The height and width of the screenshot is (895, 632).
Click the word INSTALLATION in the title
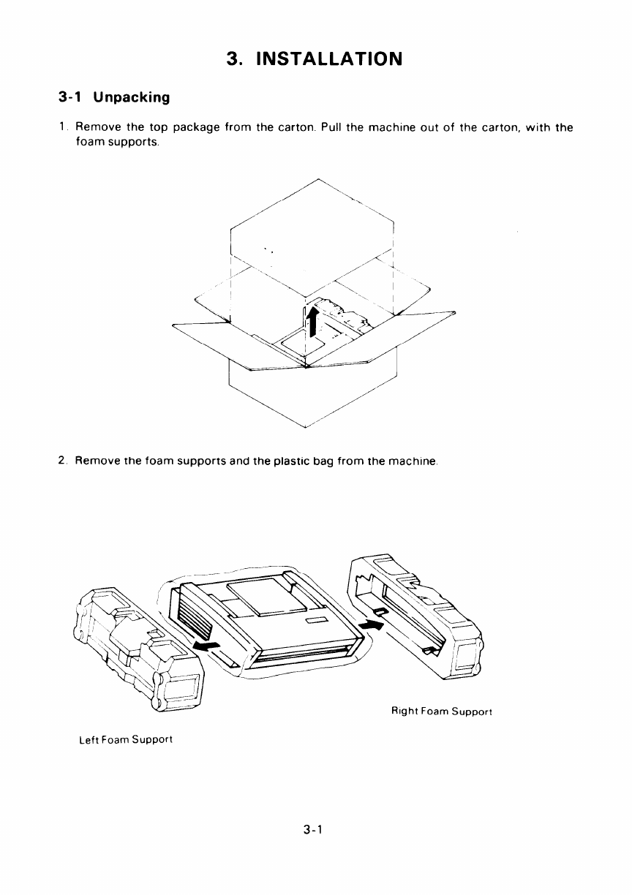(329, 58)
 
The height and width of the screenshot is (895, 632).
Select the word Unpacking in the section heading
(132, 98)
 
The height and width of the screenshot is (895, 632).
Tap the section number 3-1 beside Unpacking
(70, 97)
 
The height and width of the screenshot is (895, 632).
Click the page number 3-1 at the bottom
(312, 830)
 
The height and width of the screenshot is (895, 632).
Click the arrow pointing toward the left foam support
(206, 646)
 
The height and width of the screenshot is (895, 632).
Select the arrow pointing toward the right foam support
(372, 624)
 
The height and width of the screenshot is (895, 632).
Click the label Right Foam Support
(441, 711)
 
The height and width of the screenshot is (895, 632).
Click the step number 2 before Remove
(62, 461)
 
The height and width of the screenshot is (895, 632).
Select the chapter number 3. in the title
(235, 59)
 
